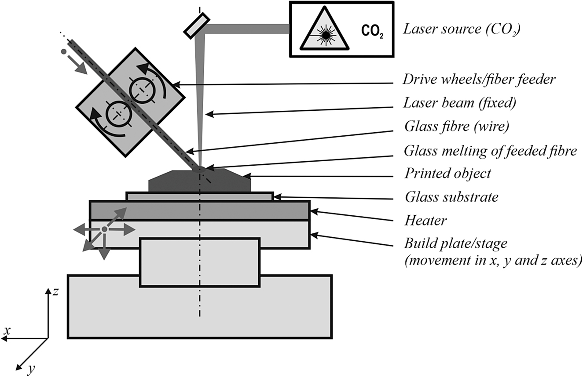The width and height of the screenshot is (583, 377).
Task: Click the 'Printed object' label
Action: [447, 174]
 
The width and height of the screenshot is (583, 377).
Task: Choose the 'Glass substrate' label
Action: [451, 197]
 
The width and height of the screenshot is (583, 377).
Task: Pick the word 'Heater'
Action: [425, 220]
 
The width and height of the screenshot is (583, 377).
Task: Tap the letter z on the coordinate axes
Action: [55, 292]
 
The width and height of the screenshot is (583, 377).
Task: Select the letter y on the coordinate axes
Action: [30, 370]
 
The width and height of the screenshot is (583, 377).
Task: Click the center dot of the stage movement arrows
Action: [104, 229]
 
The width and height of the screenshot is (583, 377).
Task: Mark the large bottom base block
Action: [199, 316]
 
